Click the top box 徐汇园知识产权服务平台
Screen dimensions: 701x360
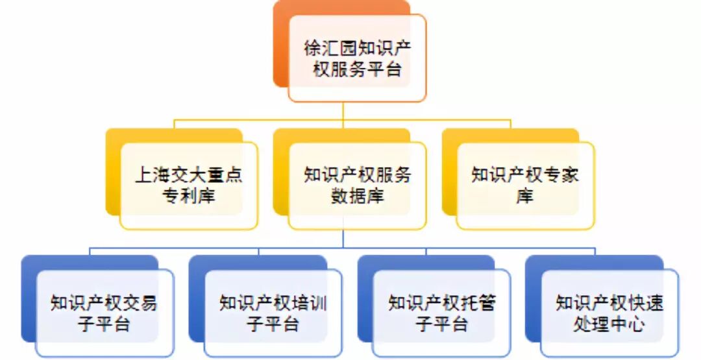click(x=357, y=58)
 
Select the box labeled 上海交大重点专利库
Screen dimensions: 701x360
click(x=189, y=185)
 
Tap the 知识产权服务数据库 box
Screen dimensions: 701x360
click(x=357, y=185)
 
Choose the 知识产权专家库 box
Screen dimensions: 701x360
click(x=525, y=185)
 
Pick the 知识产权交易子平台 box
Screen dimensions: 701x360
click(x=105, y=313)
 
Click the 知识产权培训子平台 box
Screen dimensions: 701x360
click(x=273, y=313)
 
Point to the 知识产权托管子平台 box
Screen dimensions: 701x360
click(x=441, y=313)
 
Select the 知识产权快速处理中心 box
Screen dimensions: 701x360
click(x=609, y=313)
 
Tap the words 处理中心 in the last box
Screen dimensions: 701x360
click(x=609, y=324)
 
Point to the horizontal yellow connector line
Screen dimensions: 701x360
click(x=260, y=120)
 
